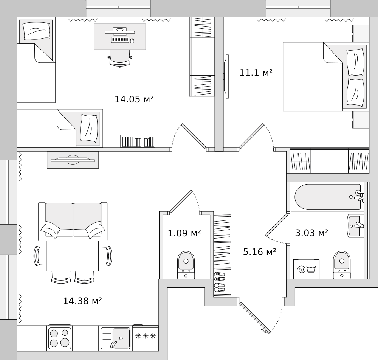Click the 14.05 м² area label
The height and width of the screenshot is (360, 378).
pyautogui.click(x=134, y=99)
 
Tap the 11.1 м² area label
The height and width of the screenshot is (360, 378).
pyautogui.click(x=256, y=73)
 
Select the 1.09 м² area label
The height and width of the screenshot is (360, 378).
pyautogui.click(x=184, y=233)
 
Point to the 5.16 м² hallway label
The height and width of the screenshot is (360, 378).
pyautogui.click(x=259, y=252)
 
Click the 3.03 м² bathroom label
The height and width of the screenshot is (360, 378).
pyautogui.click(x=311, y=233)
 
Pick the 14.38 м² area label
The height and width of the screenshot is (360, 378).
pyautogui.click(x=82, y=301)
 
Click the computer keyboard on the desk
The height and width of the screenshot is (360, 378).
pyautogui.click(x=120, y=40)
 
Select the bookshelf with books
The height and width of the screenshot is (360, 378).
pyautogui.click(x=138, y=141)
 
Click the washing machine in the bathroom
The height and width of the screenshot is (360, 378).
pyautogui.click(x=306, y=269)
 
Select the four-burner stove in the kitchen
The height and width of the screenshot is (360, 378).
pyautogui.click(x=60, y=338)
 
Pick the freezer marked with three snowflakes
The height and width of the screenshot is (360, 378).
pyautogui.click(x=146, y=338)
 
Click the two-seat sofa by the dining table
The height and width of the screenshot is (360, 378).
pyautogui.click(x=73, y=221)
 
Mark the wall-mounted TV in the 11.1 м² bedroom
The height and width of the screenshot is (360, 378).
pyautogui.click(x=226, y=76)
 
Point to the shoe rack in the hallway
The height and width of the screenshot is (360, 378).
pyautogui.click(x=220, y=283)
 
